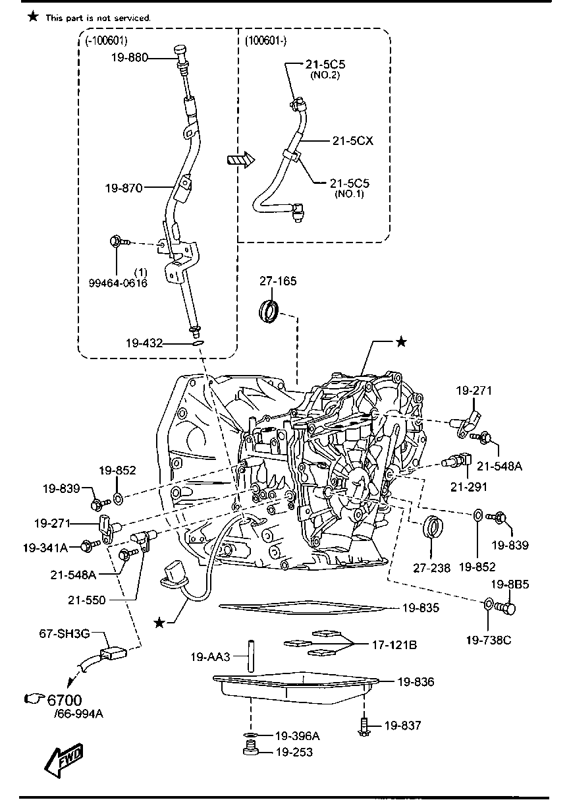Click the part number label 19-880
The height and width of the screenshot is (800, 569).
[x=129, y=58]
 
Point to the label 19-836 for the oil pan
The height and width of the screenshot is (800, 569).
[x=416, y=682]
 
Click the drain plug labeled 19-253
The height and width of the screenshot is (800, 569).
[x=250, y=751]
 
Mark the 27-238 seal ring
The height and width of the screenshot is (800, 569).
[x=432, y=529]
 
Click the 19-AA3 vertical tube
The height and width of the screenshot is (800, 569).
[x=251, y=656]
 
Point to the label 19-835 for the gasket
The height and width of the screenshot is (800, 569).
[x=420, y=608]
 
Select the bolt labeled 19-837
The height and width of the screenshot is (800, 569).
[x=364, y=726]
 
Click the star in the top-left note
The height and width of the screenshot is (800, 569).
[x=33, y=16]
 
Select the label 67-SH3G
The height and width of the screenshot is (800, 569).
[x=63, y=634]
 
